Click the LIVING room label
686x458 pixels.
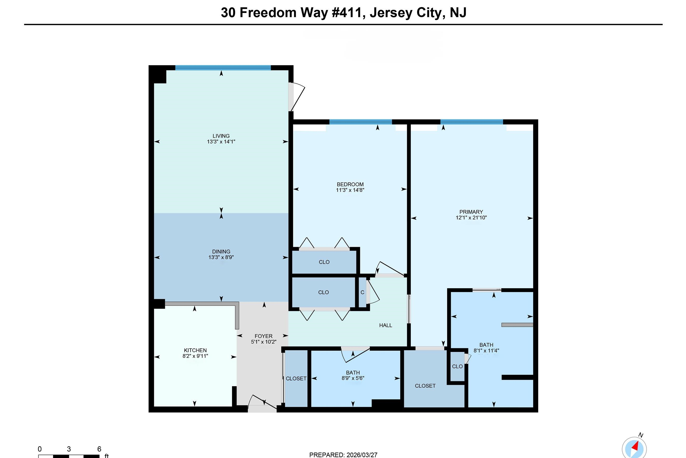221,136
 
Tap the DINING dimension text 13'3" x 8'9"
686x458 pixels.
221,257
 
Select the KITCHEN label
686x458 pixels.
195,350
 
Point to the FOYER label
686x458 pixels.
263,336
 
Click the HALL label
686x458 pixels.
385,325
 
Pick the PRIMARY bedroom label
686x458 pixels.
471,212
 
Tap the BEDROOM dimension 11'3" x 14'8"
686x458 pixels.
350,190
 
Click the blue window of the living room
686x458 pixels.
223,68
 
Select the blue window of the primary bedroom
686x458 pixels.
471,122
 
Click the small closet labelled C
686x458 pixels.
362,292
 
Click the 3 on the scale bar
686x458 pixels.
69,449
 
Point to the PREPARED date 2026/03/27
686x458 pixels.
362,455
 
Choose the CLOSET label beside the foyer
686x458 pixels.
296,379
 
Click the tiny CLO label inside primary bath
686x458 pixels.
457,366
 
